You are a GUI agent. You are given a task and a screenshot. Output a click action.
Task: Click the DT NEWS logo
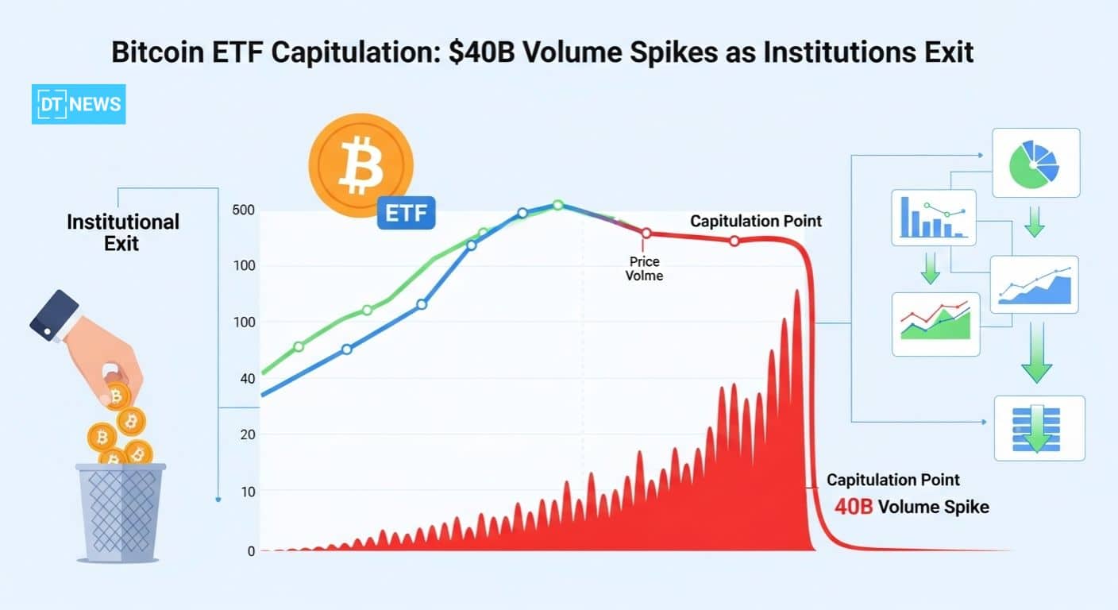pos(79,104)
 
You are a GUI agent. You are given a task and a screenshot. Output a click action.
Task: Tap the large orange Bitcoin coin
pos(360,164)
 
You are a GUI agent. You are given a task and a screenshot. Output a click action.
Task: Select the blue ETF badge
pos(406,212)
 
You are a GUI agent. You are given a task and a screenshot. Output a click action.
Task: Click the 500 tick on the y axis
pos(243,210)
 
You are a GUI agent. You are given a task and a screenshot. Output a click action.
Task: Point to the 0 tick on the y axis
pos(251,550)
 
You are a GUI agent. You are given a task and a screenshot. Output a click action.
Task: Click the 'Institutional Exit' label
pos(122,231)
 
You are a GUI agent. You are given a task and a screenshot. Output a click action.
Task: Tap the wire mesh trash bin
pos(121,510)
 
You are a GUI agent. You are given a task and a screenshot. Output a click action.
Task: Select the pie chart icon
pos(1035,162)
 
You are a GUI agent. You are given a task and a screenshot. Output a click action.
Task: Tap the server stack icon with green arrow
pos(1039,427)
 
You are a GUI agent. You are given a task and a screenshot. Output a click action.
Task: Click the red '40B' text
pos(853,506)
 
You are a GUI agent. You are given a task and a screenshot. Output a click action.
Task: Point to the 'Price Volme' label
pos(644,268)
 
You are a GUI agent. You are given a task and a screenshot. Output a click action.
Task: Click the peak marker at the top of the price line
pos(557,205)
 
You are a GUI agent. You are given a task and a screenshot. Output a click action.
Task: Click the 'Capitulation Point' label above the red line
pos(756,221)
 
